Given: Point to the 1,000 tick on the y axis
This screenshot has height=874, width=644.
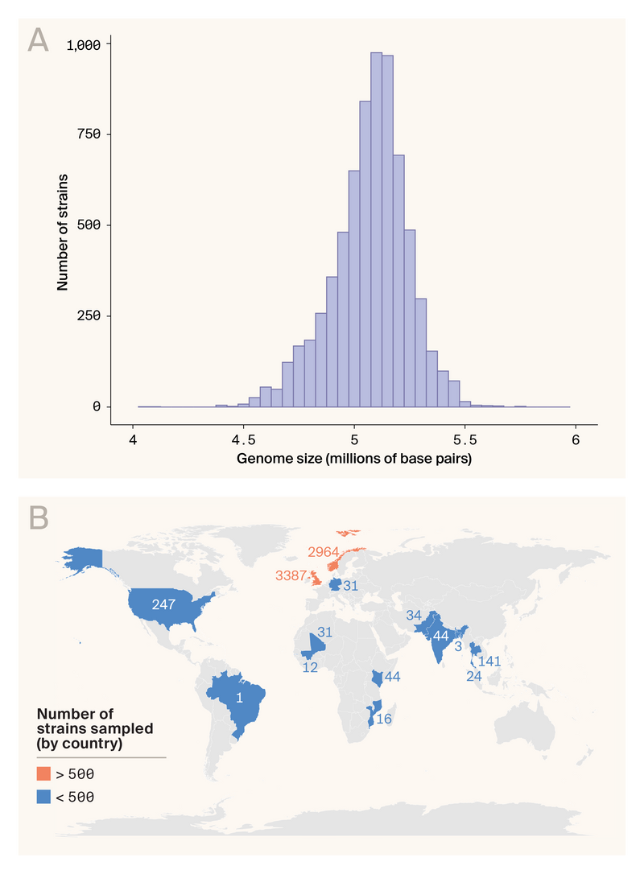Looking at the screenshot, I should coord(84,45).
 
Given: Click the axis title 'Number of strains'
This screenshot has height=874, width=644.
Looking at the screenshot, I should coord(62,230).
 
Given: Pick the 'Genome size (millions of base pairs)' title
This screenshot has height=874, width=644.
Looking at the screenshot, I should coord(354,460).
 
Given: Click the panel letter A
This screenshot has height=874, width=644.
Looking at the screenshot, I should coord(38,40).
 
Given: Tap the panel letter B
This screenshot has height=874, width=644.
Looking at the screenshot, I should coord(38,517).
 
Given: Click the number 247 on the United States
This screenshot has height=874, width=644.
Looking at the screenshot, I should coord(164,604).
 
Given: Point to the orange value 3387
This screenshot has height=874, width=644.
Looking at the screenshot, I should coord(291,575).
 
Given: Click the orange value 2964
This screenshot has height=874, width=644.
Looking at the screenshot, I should coord(324,551).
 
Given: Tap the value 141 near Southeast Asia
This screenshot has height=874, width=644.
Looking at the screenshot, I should coord(491,662).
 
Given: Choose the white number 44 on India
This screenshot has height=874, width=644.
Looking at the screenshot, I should coord(440,635).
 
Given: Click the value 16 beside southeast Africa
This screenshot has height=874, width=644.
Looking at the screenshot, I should coord(384,719).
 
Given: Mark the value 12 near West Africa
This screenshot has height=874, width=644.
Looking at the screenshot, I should coord(311,668).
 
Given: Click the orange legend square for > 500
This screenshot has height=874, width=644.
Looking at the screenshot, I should coord(43,774).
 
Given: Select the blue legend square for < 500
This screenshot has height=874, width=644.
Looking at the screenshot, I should coord(43,797).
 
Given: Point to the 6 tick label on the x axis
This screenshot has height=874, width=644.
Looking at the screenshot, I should coord(576,440).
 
